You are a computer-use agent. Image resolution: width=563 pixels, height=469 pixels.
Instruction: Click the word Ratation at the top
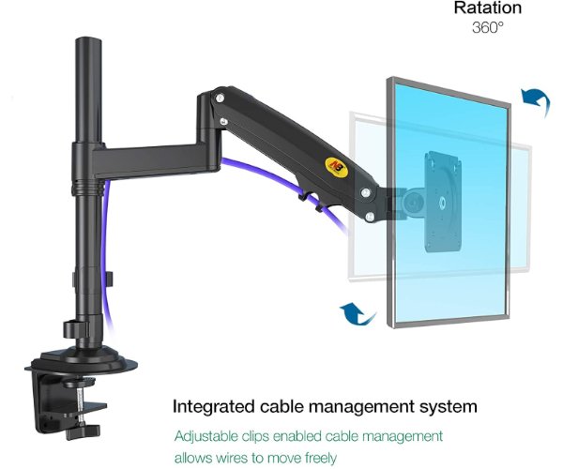[x=487, y=8]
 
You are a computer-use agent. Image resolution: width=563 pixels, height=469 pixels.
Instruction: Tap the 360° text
[x=487, y=27]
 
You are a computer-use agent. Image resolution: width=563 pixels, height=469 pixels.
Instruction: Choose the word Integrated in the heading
[x=215, y=407]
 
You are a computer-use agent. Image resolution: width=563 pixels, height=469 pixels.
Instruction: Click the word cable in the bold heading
[x=282, y=407]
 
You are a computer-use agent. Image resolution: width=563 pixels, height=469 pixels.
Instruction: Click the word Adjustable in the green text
[x=208, y=436]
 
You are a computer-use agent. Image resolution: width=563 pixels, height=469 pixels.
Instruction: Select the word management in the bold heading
[x=361, y=407]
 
